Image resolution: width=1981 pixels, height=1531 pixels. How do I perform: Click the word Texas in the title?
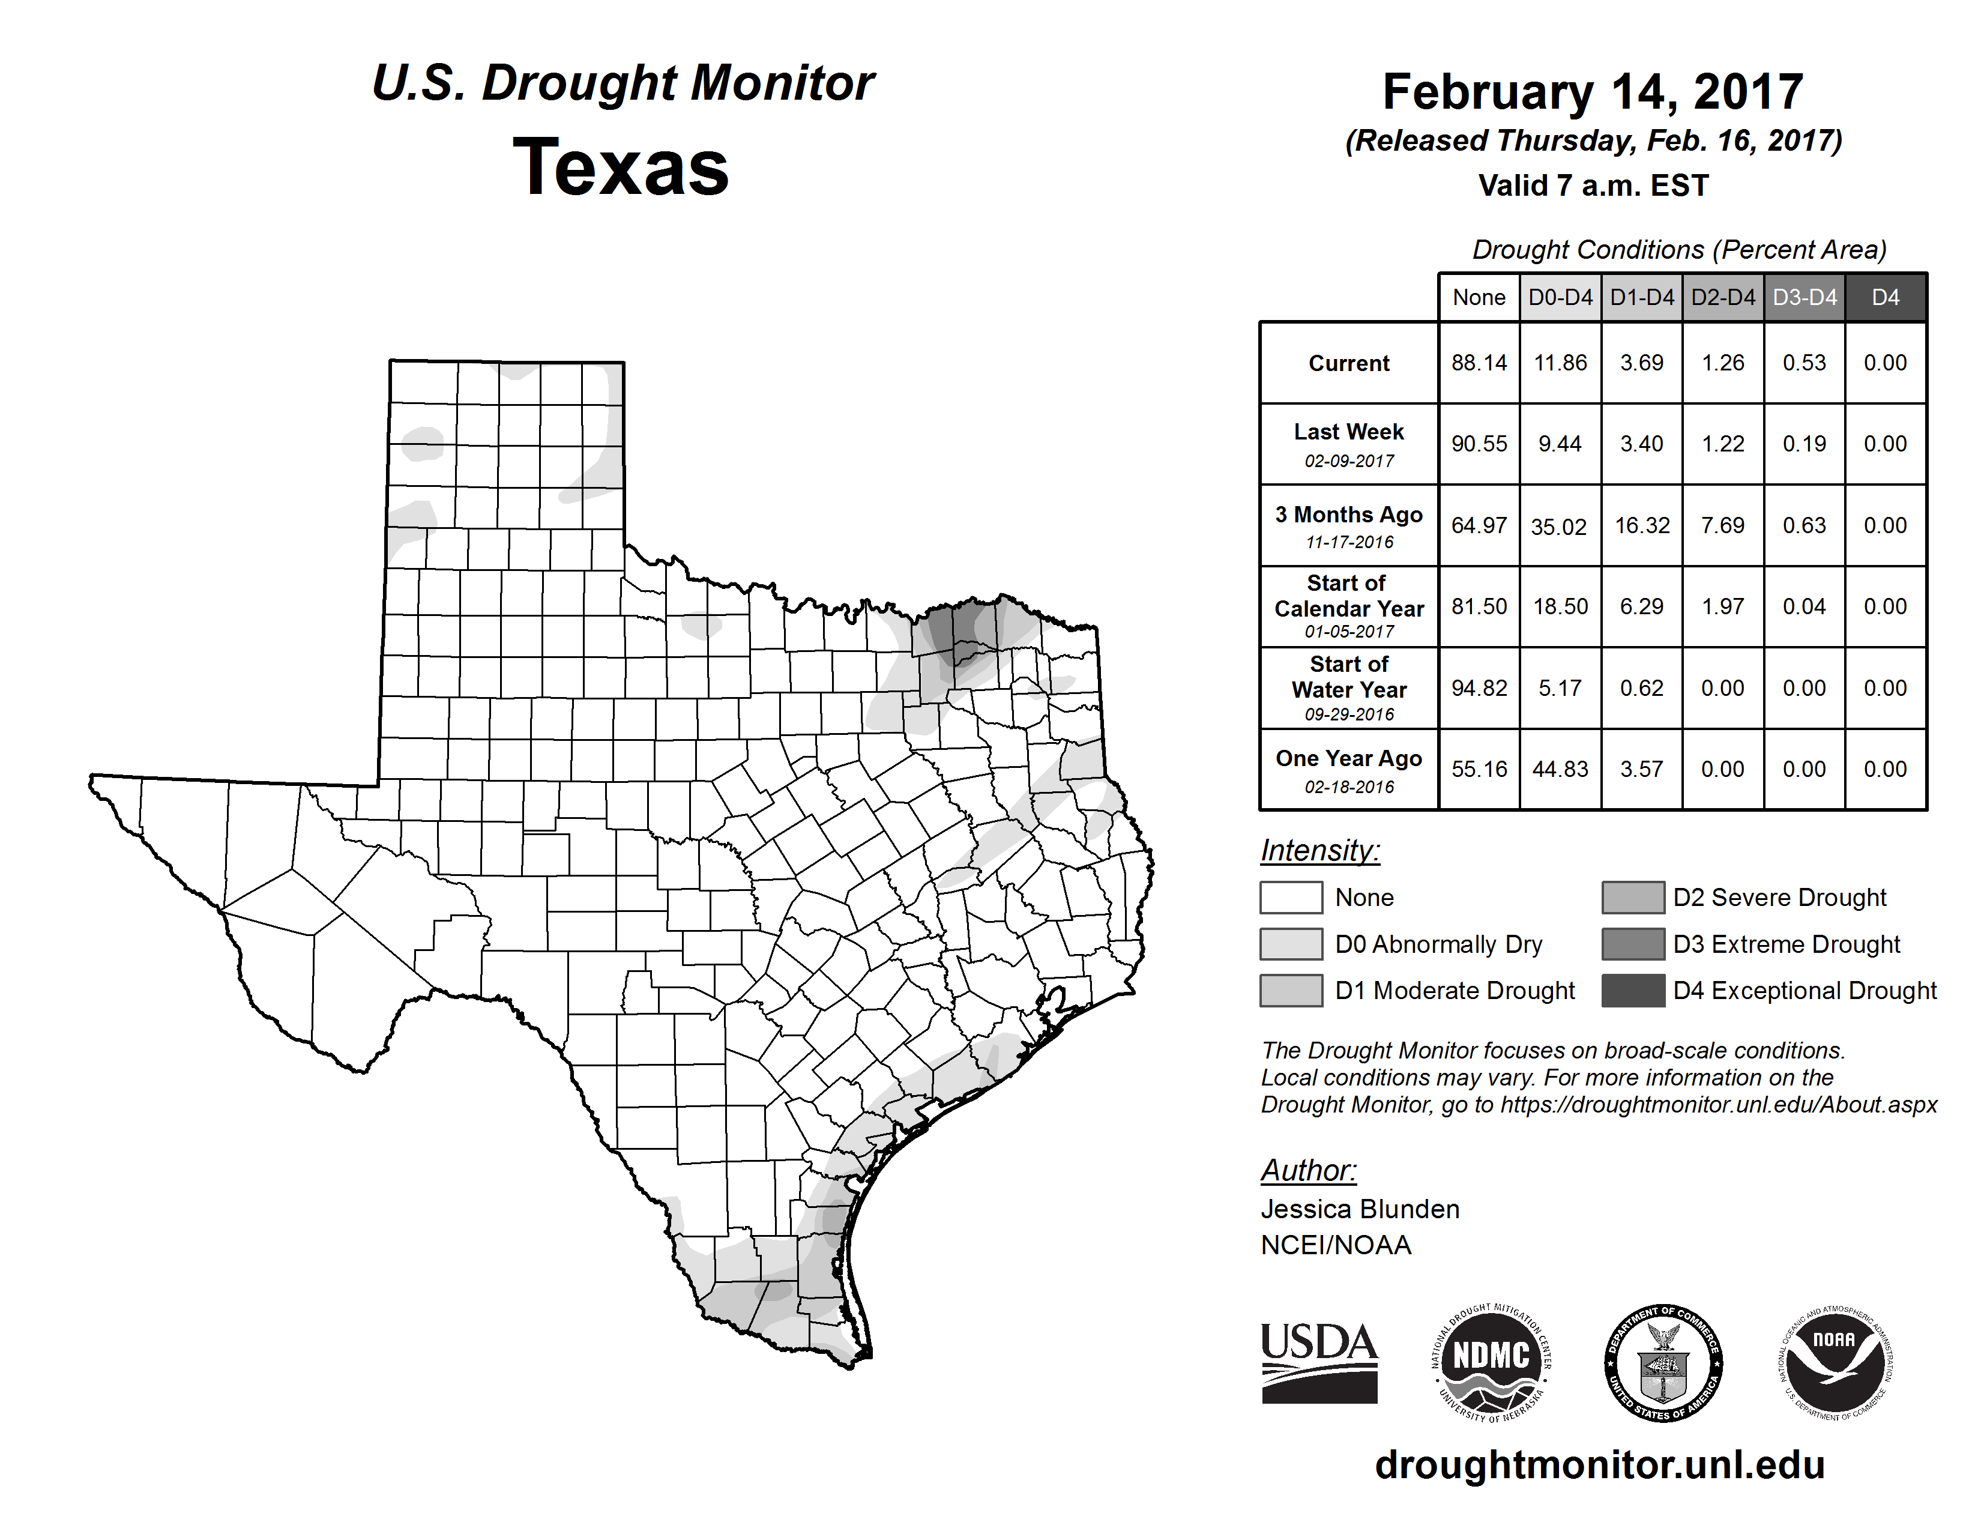click(621, 168)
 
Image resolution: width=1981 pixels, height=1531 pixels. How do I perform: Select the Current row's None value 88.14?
click(1479, 363)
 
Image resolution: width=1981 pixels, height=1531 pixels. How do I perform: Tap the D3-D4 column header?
click(1804, 297)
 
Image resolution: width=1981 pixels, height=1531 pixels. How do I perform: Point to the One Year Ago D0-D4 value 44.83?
click(1560, 769)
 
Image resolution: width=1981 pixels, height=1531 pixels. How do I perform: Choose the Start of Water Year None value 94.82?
click(1479, 689)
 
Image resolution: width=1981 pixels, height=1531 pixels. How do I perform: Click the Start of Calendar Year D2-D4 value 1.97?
click(1722, 607)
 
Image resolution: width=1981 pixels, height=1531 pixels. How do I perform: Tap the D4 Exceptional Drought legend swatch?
click(1633, 991)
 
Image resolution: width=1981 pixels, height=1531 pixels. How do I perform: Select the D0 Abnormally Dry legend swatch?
click(1291, 943)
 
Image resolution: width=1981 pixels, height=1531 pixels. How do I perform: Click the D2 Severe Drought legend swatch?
click(1633, 897)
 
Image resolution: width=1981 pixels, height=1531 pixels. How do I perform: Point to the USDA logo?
click(1319, 1362)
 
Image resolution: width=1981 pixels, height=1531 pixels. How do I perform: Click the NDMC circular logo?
click(1491, 1362)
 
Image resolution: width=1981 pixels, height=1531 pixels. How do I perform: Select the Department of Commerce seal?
click(1663, 1362)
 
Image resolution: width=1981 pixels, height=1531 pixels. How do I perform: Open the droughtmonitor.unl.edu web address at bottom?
click(1599, 1465)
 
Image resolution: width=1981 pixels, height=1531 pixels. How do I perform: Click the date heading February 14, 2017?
click(1593, 92)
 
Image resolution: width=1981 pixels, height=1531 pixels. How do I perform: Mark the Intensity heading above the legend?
click(1319, 851)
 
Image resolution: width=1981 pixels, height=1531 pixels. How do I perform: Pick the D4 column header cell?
click(1885, 297)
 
